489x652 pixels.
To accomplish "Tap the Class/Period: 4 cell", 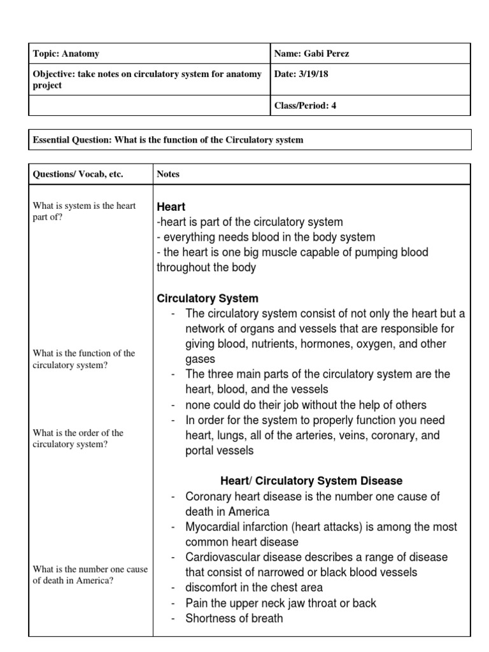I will point(305,106).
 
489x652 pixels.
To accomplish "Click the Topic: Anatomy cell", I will point(66,54).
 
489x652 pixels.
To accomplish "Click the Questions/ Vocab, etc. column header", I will point(78,174).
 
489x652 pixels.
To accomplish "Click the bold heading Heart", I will point(171,207).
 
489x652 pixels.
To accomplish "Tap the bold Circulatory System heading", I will point(208,298).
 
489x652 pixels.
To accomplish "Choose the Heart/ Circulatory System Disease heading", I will point(311,481).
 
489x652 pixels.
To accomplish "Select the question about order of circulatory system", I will point(78,439).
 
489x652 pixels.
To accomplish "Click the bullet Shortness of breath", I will point(234,618).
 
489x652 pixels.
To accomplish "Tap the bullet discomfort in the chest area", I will point(254,588).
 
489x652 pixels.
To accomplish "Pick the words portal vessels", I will point(219,451).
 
